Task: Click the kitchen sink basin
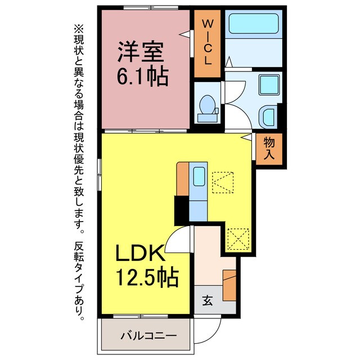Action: tap(199, 177)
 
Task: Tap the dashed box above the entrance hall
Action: tap(238, 238)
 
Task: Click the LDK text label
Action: tap(140, 254)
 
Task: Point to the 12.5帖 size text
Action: tap(147, 277)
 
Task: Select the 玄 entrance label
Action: tap(208, 301)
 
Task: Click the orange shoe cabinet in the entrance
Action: tap(229, 285)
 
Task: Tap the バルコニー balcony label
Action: tap(147, 336)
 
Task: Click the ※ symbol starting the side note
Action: tap(78, 28)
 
